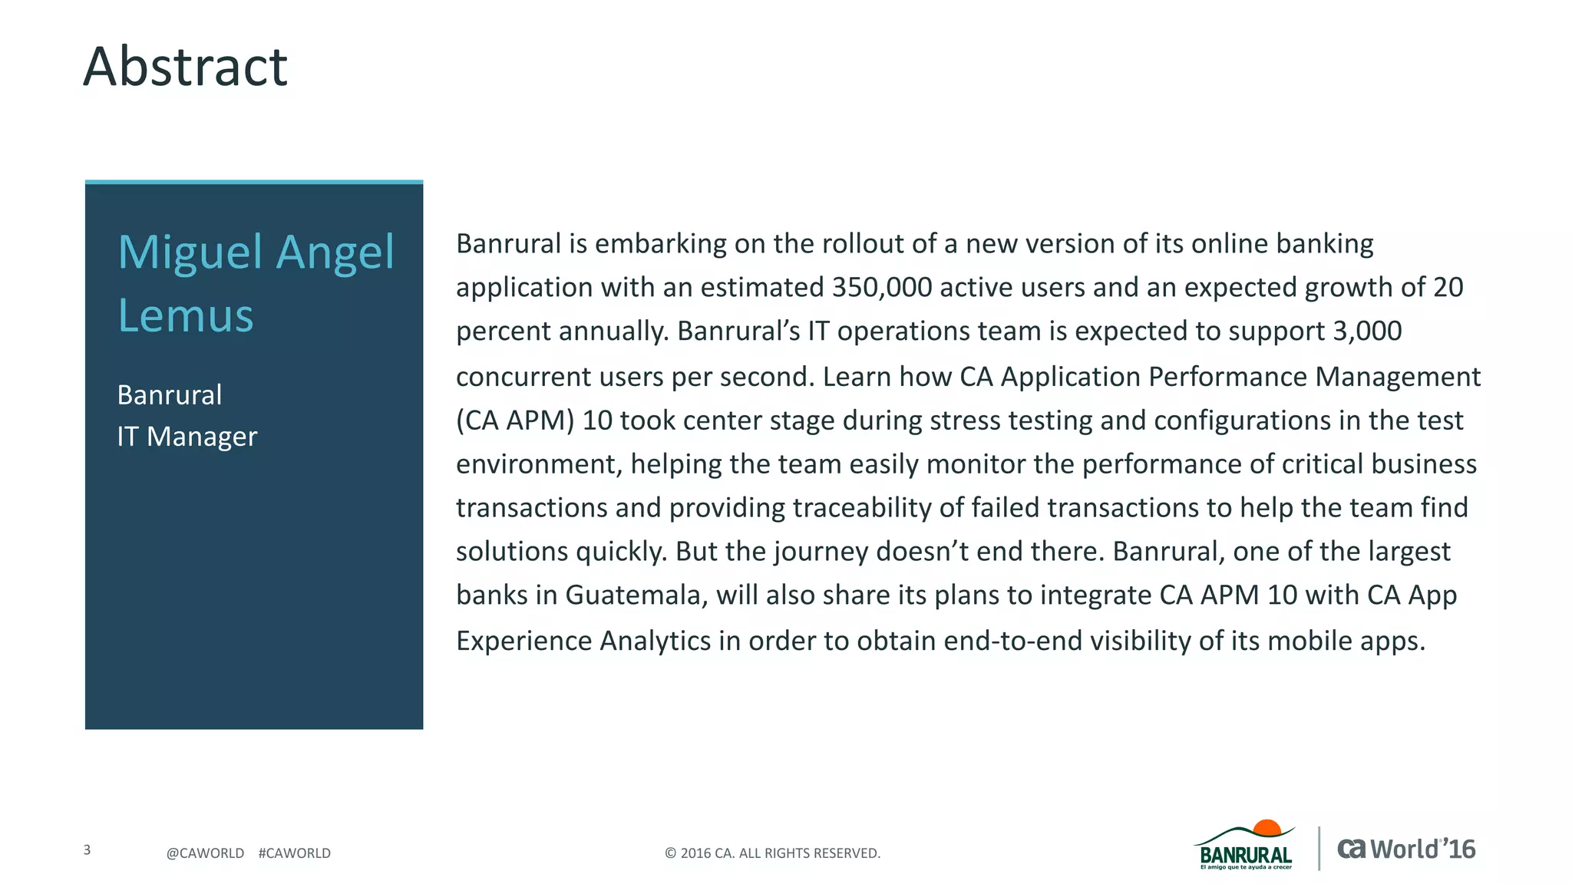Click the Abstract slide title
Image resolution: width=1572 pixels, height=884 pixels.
tap(185, 67)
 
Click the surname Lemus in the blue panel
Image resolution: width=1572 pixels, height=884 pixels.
tap(185, 315)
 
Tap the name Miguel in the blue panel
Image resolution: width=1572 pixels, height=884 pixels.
tap(191, 252)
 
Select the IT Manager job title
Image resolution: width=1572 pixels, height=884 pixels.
tap(187, 436)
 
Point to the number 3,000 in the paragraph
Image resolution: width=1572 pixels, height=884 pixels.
tap(1367, 331)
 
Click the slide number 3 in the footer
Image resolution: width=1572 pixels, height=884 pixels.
tap(87, 849)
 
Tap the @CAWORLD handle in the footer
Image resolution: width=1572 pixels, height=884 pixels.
tap(205, 853)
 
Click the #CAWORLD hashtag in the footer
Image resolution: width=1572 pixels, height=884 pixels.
tap(294, 853)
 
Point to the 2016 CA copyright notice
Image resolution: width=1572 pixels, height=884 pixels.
tap(772, 853)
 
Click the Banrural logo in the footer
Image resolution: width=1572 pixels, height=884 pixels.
tap(1245, 847)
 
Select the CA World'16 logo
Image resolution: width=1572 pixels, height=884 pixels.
tap(1406, 849)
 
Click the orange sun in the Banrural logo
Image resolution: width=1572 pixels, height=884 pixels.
tap(1267, 828)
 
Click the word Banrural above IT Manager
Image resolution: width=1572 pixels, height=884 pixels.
tap(170, 394)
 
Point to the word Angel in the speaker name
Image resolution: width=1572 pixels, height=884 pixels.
tap(335, 252)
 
